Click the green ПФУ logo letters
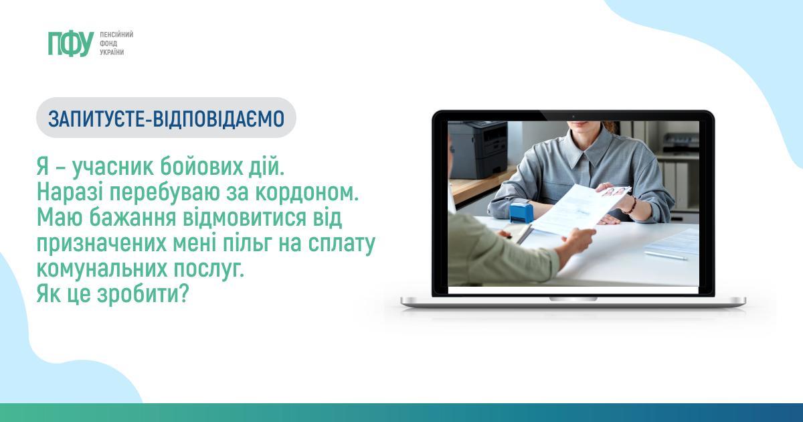71,44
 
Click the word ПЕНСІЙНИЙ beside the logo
116,35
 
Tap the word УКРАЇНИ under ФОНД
112,52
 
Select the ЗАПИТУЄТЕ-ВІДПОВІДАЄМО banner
167,118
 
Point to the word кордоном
307,192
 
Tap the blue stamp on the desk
520,212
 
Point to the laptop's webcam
573,117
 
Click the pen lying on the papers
665,255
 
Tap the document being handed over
580,210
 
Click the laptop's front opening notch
573,299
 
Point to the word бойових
201,167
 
